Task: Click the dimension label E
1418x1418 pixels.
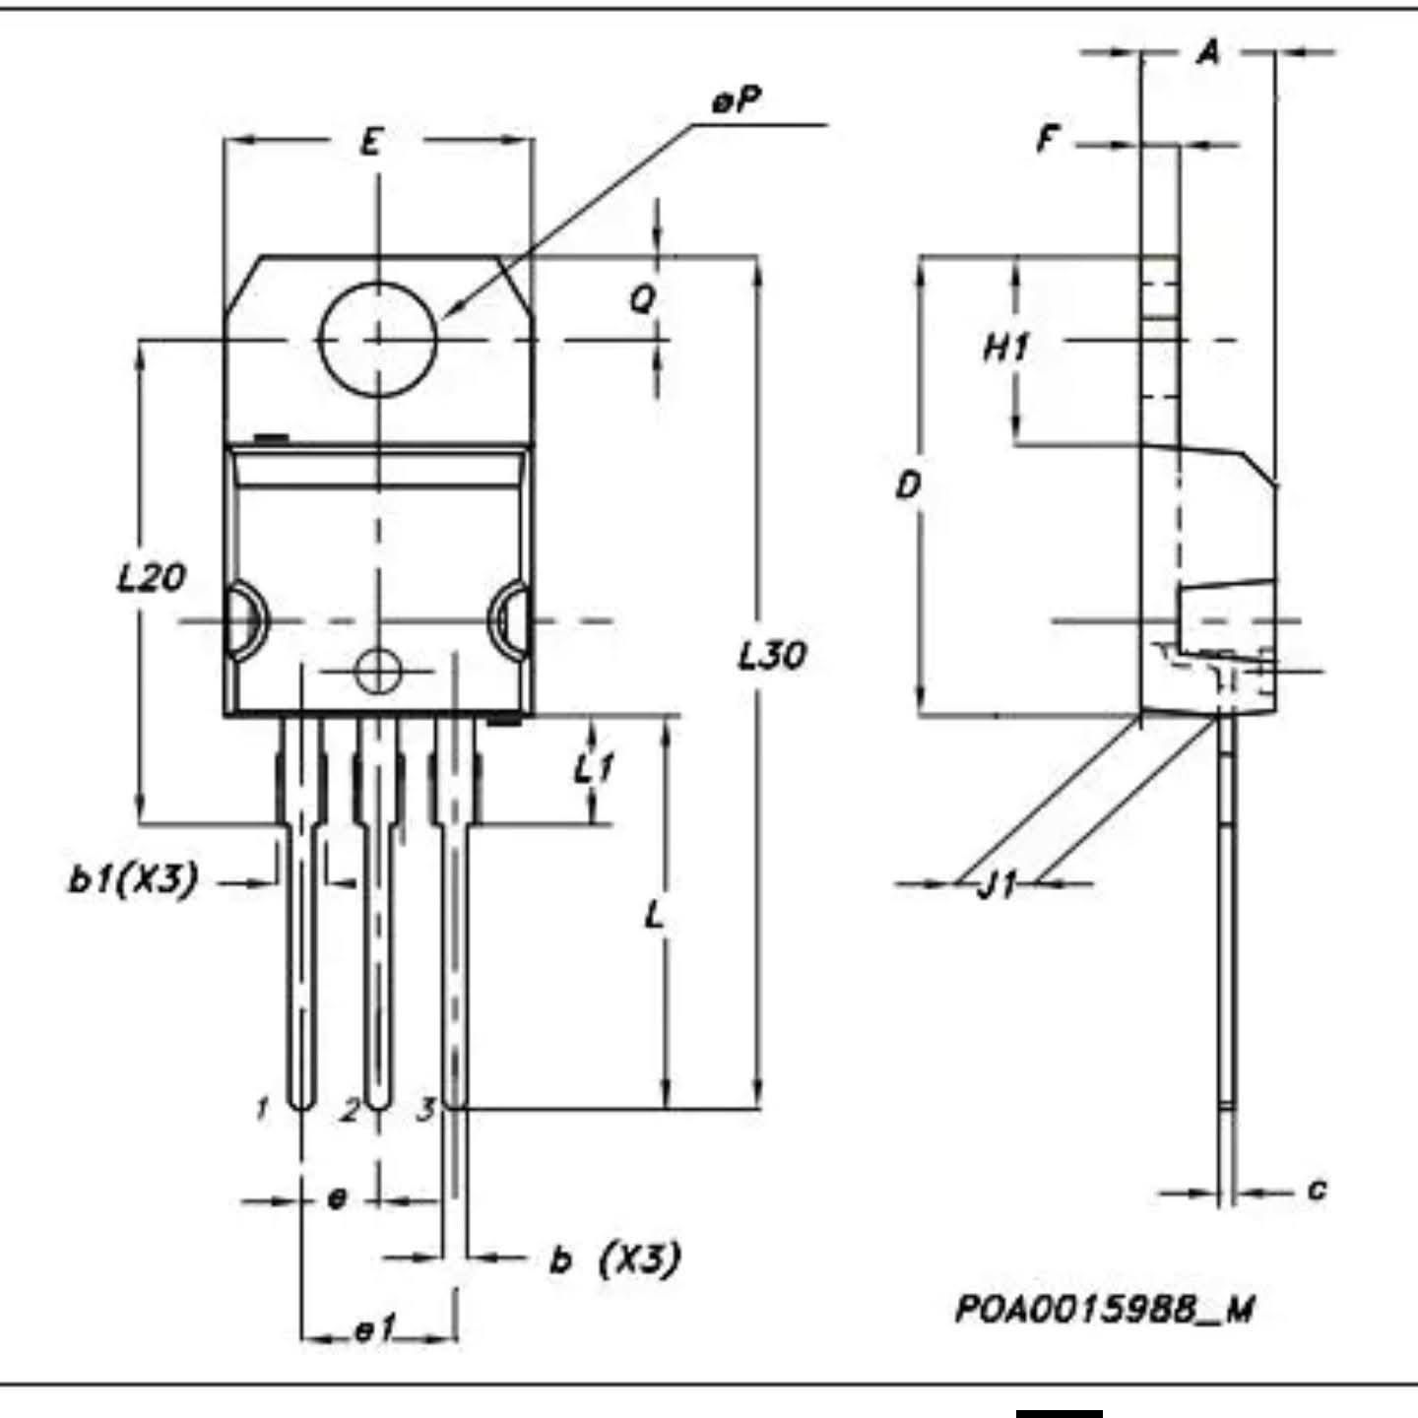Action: coord(370,143)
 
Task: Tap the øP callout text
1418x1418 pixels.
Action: coord(738,100)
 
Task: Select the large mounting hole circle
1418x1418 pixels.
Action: coord(378,338)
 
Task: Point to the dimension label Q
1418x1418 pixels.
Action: coord(642,298)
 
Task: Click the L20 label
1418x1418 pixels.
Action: coord(151,577)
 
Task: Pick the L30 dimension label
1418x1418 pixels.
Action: coord(772,655)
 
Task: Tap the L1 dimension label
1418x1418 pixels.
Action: coord(595,767)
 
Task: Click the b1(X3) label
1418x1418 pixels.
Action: coord(134,878)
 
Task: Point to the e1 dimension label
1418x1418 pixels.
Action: coord(375,1330)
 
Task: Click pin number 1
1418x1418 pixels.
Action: coord(262,1110)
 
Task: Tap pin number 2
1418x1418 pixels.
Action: coord(350,1111)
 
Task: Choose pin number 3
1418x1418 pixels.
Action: coord(425,1110)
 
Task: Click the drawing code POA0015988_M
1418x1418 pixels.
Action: coord(1105,1309)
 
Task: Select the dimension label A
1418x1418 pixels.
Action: coord(1208,51)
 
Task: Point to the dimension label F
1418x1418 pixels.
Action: coord(1048,140)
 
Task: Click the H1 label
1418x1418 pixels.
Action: coord(1006,347)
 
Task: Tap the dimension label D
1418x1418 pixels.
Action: coord(908,484)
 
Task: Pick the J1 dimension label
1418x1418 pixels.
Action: coord(997,885)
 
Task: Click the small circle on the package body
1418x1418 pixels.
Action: coord(378,673)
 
